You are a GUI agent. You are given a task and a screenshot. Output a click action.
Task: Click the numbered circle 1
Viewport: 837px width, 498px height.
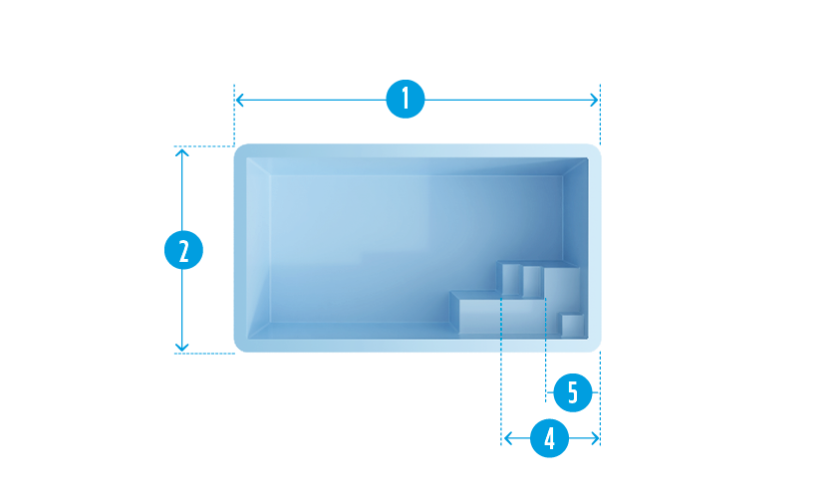[x=405, y=100]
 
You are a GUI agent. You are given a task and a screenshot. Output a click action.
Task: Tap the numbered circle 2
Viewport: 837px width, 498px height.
[x=182, y=251]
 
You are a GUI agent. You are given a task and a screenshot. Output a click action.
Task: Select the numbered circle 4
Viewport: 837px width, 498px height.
[x=549, y=438]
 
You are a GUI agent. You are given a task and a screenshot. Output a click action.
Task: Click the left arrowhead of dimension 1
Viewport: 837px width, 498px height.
[x=239, y=100]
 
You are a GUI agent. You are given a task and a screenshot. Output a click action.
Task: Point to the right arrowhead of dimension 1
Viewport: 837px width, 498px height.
[x=596, y=100]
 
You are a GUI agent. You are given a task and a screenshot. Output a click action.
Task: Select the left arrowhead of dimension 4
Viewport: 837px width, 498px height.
[x=506, y=438]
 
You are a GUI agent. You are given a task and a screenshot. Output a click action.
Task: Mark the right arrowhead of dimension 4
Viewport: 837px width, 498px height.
[x=596, y=438]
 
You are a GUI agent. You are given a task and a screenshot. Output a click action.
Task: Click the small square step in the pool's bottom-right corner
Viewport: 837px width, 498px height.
[x=573, y=326]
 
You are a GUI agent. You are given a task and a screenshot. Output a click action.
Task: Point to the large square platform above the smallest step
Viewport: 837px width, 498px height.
[x=565, y=288]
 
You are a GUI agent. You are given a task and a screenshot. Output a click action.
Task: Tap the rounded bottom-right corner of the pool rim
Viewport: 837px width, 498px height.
[x=597, y=347]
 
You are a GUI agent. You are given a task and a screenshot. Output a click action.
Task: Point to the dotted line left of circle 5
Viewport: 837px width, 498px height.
[x=545, y=369]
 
